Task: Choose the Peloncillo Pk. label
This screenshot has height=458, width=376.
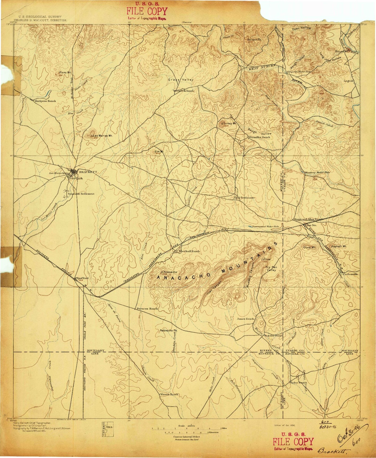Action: point(169,331)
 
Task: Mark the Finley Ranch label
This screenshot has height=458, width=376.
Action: point(298,383)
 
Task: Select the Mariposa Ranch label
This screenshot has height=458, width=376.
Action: point(45,101)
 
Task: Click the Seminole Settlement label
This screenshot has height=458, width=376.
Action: point(81,194)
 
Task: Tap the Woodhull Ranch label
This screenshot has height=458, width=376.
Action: point(189,251)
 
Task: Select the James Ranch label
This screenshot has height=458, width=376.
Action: point(245,319)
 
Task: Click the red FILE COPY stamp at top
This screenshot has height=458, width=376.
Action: point(147,12)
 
